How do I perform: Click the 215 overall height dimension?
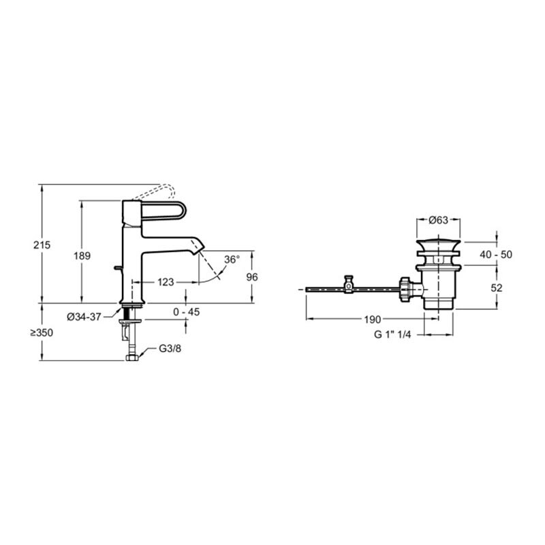click(x=42, y=245)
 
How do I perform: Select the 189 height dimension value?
click(x=82, y=256)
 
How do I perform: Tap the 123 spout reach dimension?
click(x=166, y=282)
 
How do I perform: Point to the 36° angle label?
click(x=232, y=260)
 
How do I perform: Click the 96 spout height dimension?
click(x=252, y=277)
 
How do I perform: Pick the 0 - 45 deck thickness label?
click(x=186, y=312)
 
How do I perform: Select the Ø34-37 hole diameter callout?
click(x=84, y=317)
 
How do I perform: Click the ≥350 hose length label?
click(x=42, y=332)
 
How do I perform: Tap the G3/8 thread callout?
click(x=170, y=348)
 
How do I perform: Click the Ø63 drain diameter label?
click(x=438, y=220)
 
